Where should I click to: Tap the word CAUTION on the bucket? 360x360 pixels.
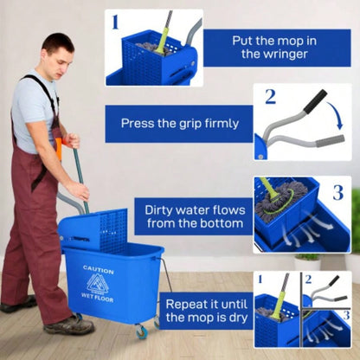[x=98, y=270]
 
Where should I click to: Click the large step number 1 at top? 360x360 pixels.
[x=116, y=21]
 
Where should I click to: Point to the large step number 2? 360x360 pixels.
[x=269, y=96]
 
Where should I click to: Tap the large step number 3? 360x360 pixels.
[x=337, y=192]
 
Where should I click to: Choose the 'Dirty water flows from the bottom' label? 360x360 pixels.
[x=190, y=215]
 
